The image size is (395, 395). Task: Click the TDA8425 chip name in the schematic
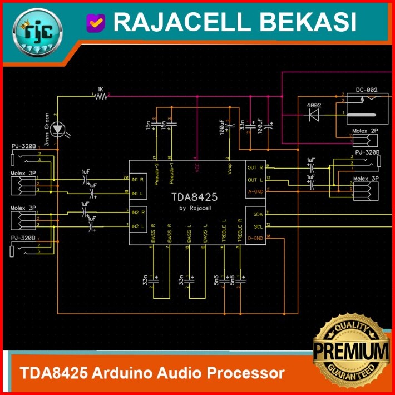(194, 197)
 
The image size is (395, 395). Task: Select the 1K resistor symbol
(101, 96)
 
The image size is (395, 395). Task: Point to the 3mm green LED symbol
(58, 130)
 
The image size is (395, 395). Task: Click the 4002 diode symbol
(314, 114)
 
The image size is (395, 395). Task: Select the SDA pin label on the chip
(258, 214)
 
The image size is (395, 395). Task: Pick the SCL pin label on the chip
(258, 226)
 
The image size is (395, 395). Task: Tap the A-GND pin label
(255, 191)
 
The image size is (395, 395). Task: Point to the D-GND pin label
(255, 238)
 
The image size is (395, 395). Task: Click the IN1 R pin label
(138, 180)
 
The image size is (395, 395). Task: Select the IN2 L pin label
(138, 225)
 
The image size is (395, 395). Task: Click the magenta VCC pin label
(197, 169)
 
